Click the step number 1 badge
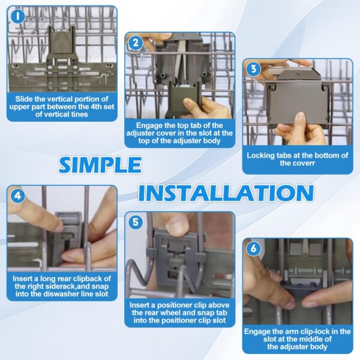(x=17, y=16)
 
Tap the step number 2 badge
(x=136, y=43)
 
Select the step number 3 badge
(x=253, y=69)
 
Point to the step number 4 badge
(x=17, y=196)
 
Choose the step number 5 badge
(x=136, y=222)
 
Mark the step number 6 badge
(x=253, y=248)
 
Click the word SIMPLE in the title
(x=100, y=165)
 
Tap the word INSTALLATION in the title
(x=226, y=193)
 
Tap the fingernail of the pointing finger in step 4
(x=59, y=227)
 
